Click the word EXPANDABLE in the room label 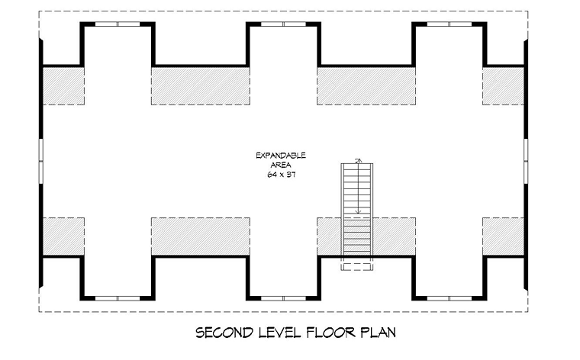(281, 156)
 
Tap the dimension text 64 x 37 (282, 175)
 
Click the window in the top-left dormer (118, 24)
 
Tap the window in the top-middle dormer (283, 24)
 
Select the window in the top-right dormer (449, 24)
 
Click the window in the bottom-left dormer (118, 298)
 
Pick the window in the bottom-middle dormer (283, 298)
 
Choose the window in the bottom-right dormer (449, 298)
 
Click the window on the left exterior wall (41, 161)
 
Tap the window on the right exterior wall (526, 161)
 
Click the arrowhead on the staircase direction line (358, 212)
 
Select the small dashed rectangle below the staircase (357, 266)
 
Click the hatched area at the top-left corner (63, 85)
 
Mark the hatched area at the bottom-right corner (503, 236)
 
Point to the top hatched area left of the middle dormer (201, 85)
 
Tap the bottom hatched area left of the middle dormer (201, 236)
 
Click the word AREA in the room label (281, 166)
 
